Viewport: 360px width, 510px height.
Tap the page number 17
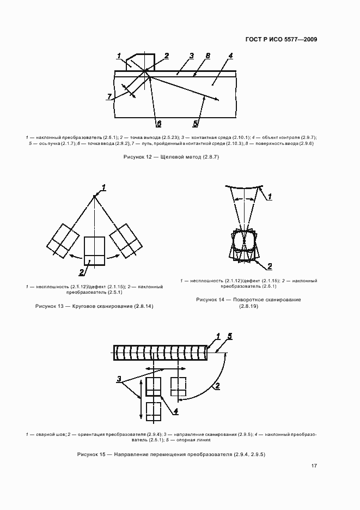314,466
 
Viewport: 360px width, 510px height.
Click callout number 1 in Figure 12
119,56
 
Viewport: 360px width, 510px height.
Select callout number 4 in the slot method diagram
231,56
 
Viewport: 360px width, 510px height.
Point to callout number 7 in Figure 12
109,96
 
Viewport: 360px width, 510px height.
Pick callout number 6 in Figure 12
158,124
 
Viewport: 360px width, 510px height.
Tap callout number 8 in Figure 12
208,56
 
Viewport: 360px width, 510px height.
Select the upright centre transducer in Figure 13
95,251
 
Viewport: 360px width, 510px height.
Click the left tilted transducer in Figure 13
63,239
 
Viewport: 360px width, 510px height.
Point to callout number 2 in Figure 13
81,272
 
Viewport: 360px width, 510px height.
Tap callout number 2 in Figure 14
269,266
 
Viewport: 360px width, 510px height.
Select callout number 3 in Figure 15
118,379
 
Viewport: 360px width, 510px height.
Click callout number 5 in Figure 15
230,336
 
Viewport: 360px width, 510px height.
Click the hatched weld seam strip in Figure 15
161,353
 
